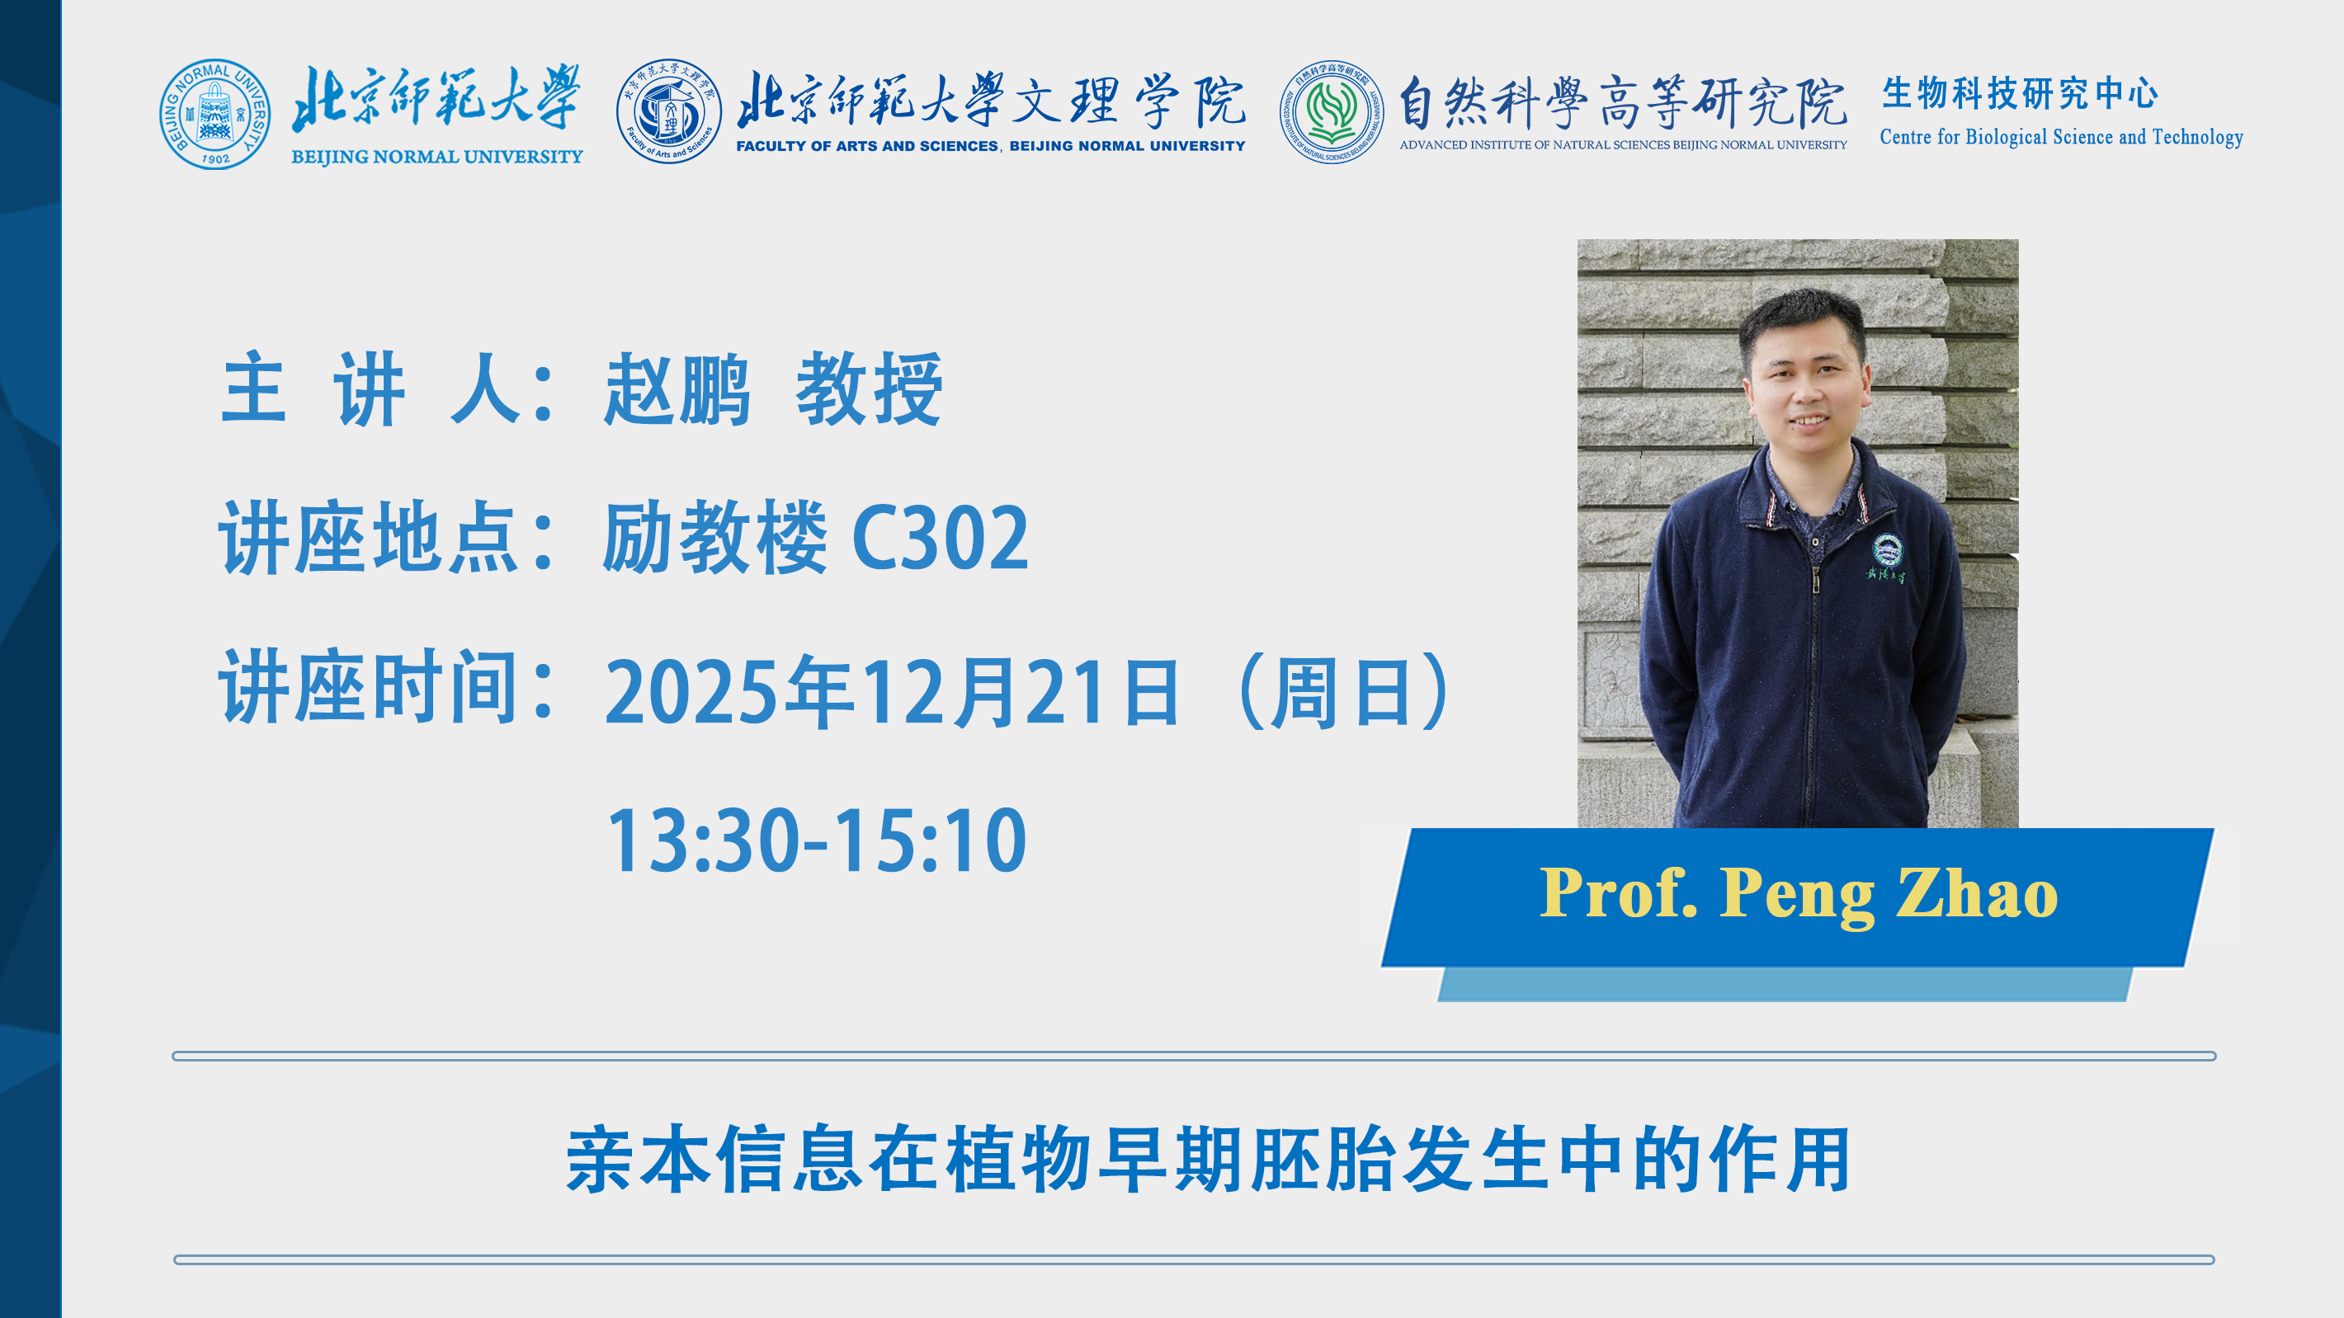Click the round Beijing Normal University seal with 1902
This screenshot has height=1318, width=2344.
click(x=215, y=115)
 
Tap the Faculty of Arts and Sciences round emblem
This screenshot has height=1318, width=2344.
click(x=669, y=112)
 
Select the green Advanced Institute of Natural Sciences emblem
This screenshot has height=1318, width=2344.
click(x=1332, y=112)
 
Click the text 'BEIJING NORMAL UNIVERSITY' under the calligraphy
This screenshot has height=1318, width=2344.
click(x=436, y=157)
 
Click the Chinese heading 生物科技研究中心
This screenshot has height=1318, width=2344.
click(x=2019, y=92)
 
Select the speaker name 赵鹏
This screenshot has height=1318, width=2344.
click(x=677, y=389)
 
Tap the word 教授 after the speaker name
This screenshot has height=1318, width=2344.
click(x=869, y=389)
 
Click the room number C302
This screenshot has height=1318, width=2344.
click(x=940, y=539)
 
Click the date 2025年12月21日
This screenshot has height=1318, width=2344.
click(x=893, y=692)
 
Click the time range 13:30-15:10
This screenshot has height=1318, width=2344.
click(x=816, y=840)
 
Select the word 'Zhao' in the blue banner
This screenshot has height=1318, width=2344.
click(x=1976, y=892)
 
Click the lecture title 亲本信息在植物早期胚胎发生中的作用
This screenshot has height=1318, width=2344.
click(x=1208, y=1159)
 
